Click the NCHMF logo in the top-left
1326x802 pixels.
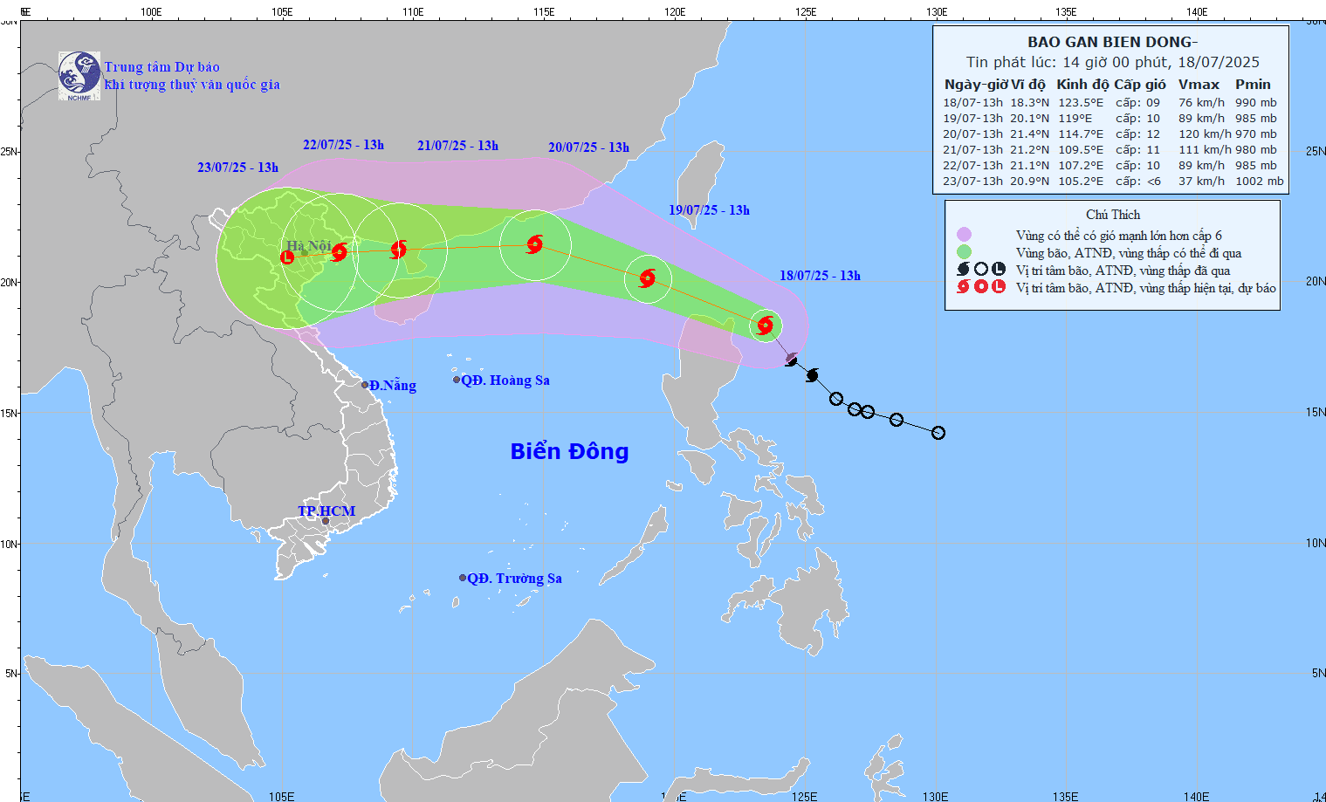click(x=79, y=75)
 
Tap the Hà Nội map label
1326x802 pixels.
click(x=309, y=246)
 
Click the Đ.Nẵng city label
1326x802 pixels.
click(x=392, y=386)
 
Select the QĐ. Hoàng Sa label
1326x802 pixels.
click(x=505, y=380)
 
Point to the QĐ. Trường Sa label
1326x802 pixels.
click(x=514, y=579)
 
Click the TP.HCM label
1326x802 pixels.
click(x=326, y=511)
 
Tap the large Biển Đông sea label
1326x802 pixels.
click(x=569, y=451)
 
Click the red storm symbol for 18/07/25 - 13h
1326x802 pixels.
click(x=766, y=326)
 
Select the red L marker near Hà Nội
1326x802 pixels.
click(x=287, y=257)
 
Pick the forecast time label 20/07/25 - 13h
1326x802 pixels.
click(x=588, y=147)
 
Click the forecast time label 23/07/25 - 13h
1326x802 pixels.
click(x=237, y=168)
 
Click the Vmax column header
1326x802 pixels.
click(x=1199, y=85)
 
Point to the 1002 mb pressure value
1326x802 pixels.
click(x=1259, y=182)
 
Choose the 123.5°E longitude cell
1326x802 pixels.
click(x=1081, y=103)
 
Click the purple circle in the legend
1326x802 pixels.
click(x=964, y=235)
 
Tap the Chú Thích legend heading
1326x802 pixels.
click(x=1112, y=215)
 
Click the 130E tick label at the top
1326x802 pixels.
click(x=937, y=12)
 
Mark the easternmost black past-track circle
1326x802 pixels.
click(x=938, y=433)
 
